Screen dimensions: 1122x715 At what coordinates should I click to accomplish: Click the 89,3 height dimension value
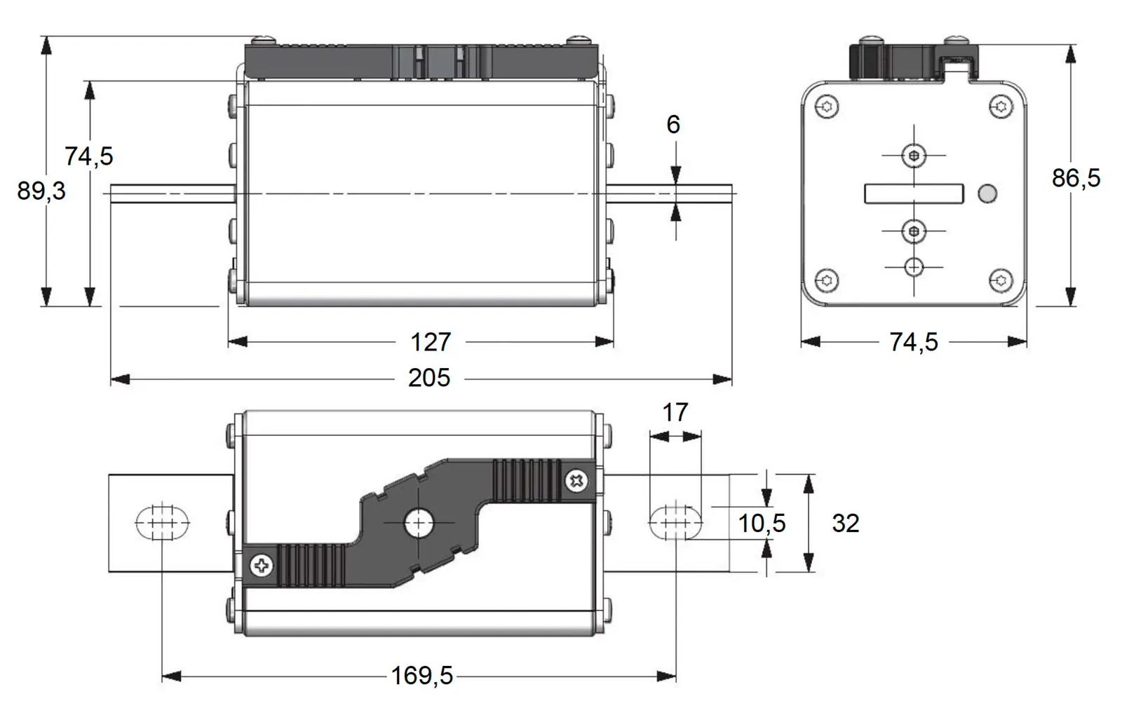pyautogui.click(x=41, y=191)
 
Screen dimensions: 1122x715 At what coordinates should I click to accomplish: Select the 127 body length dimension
pyautogui.click(x=431, y=343)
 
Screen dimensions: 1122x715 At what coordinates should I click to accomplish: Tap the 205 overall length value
pyautogui.click(x=429, y=378)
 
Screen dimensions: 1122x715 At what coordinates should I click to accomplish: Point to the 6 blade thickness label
pyautogui.click(x=673, y=124)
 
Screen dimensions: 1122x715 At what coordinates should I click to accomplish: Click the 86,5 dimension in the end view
pyautogui.click(x=1076, y=178)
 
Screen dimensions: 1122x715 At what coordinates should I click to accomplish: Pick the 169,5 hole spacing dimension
pyautogui.click(x=421, y=676)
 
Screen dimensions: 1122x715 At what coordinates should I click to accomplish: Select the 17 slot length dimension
pyautogui.click(x=675, y=413)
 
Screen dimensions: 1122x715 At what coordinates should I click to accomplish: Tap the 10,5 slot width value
pyautogui.click(x=762, y=524)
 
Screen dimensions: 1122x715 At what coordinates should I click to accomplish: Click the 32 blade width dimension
pyautogui.click(x=846, y=524)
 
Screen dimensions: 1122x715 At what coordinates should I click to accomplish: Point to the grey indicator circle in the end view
pyautogui.click(x=987, y=193)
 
